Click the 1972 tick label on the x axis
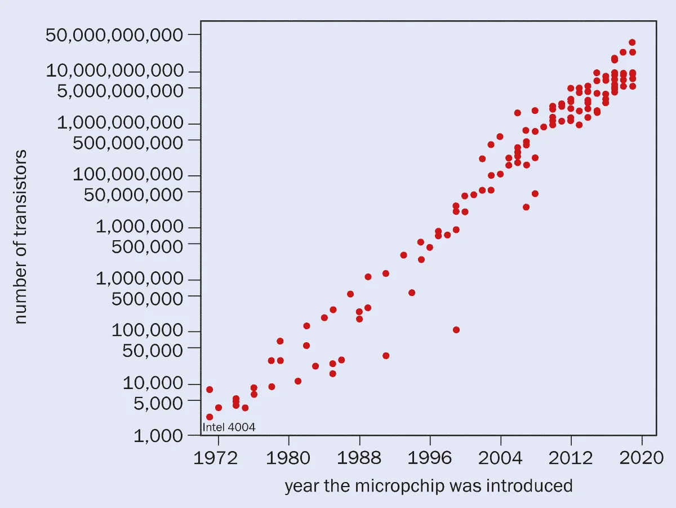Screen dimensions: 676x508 (216, 458)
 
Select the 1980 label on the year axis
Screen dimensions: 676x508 (288, 458)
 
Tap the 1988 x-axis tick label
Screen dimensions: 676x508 (359, 458)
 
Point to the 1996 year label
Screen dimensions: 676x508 (430, 458)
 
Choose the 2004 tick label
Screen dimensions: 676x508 (500, 458)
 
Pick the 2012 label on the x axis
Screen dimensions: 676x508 (571, 458)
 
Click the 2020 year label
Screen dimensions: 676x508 (641, 458)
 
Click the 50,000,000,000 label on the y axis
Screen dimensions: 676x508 (114, 35)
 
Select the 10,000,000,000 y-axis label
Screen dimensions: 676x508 (114, 70)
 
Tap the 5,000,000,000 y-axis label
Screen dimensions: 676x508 (120, 91)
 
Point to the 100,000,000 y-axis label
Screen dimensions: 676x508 (128, 174)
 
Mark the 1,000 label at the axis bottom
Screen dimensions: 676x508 (158, 436)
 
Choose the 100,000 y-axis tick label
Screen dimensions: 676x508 (147, 330)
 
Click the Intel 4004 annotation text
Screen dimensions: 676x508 (229, 427)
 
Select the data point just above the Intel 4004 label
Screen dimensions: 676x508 (210, 417)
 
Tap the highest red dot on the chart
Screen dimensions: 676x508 (632, 42)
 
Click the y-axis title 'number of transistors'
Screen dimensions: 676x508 (20, 237)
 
